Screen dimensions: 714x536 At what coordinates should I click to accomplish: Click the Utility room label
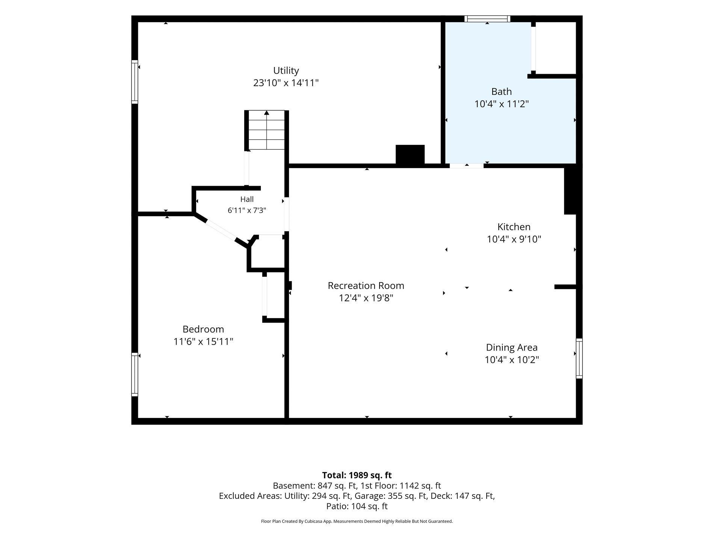286,71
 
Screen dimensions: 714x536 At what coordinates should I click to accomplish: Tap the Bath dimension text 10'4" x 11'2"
502,104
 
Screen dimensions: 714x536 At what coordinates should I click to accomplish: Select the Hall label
247,199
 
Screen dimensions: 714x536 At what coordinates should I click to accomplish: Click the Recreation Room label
366,285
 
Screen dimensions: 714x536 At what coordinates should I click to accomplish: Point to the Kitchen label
514,227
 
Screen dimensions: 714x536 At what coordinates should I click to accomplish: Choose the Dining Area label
511,347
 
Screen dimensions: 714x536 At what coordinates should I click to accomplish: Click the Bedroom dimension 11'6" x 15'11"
203,342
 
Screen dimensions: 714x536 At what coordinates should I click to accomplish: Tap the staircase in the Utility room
266,130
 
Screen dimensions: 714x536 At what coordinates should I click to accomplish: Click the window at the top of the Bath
487,19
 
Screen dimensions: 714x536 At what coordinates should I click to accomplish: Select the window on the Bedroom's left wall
135,374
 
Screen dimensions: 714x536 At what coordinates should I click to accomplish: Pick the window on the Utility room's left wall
135,82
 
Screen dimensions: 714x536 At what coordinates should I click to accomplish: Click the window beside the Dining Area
579,358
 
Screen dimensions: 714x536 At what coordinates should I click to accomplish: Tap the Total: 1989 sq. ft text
357,475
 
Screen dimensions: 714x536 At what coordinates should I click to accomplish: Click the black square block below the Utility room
410,154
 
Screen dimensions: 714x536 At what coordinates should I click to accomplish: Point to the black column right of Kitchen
570,191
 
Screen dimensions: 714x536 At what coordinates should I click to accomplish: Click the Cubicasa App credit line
357,521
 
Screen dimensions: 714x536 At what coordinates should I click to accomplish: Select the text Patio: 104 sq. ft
357,506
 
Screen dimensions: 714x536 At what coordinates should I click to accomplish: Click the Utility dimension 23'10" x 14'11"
286,83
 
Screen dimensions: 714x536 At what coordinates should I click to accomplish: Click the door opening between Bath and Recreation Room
466,166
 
